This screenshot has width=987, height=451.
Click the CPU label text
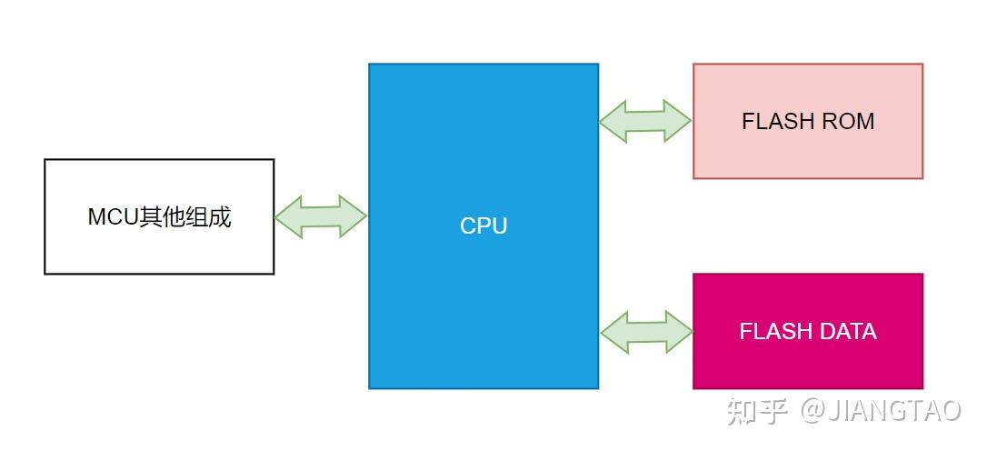pos(484,225)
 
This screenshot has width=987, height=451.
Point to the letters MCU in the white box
pos(113,217)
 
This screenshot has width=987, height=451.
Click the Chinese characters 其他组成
pos(185,217)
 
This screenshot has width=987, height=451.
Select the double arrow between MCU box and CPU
pos(321,216)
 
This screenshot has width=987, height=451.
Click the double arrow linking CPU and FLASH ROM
pos(645,121)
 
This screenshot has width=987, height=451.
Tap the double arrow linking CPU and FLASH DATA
pos(646,332)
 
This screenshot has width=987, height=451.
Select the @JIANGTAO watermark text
pos(880,410)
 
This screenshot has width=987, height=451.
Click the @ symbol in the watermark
pos(812,410)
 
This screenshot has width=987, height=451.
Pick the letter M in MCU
pos(96,217)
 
